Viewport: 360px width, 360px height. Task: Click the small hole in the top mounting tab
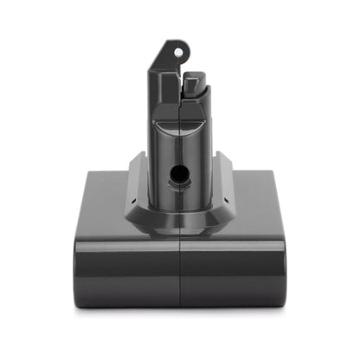tap(180, 52)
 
